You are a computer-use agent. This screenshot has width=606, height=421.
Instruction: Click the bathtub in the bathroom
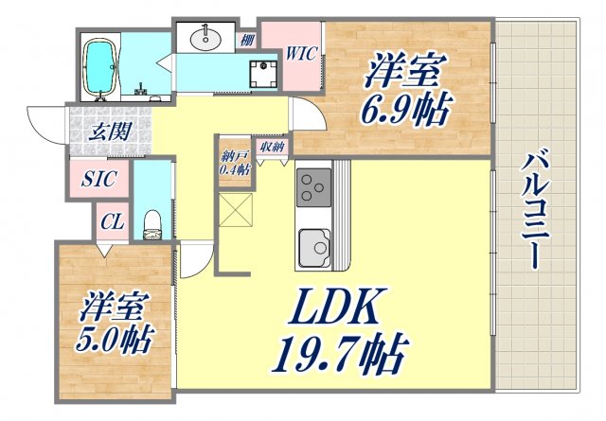[x=99, y=68]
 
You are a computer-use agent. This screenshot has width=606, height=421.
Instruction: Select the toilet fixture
[x=151, y=223]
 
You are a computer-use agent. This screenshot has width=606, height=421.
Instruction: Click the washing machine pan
[x=258, y=71]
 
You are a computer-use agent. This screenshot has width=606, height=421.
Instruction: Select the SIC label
[x=94, y=178]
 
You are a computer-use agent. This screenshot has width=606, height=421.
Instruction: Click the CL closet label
[x=112, y=223]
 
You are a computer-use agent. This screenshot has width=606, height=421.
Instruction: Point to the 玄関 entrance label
[x=110, y=132]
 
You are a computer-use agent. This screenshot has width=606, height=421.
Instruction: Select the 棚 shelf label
[x=246, y=39]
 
